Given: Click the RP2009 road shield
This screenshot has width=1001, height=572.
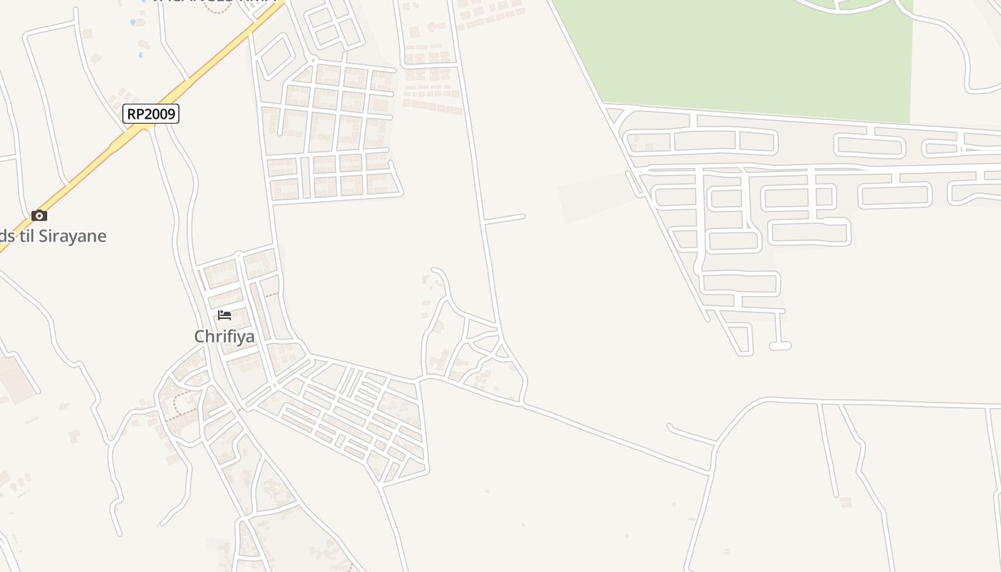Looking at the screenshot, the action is tap(150, 113).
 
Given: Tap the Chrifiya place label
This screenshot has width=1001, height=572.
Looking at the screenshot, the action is tap(225, 336).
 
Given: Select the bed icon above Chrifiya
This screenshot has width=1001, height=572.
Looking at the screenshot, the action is tap(225, 315).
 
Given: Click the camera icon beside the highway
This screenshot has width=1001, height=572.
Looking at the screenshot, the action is tap(39, 215).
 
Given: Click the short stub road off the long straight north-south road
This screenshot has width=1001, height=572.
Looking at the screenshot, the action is tap(505, 218).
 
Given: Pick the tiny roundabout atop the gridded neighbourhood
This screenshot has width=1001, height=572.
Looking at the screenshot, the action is tap(312, 60).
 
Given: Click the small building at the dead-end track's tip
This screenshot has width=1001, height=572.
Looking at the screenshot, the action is tap(846, 502).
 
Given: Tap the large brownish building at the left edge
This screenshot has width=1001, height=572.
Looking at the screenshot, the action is tap(14, 375).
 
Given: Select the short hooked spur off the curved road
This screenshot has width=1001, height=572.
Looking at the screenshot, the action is tap(690, 433).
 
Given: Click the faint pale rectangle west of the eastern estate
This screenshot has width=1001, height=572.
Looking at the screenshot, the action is tap(593, 197).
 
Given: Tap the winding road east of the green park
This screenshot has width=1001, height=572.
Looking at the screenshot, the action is tap(958, 50).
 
